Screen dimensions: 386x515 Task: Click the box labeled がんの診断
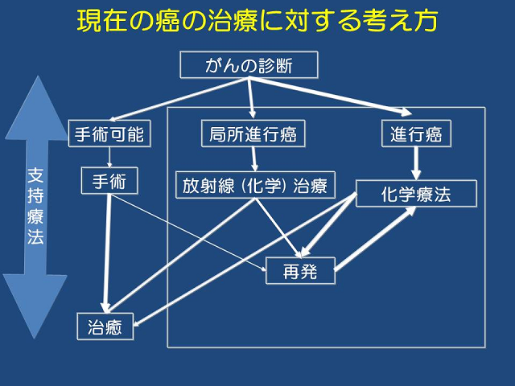(x=249, y=65)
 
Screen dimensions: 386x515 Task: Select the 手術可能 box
(x=109, y=134)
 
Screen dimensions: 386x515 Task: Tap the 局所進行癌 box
(x=253, y=134)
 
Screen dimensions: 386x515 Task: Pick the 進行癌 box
(x=416, y=134)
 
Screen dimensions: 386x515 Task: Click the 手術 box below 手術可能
(x=109, y=182)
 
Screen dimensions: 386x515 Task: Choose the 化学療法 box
(x=416, y=194)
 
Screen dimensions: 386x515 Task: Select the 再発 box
(x=299, y=272)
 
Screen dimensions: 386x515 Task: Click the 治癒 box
(x=105, y=326)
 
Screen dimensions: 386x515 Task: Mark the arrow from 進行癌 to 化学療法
(x=416, y=164)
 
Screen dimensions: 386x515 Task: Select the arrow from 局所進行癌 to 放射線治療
(x=253, y=159)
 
